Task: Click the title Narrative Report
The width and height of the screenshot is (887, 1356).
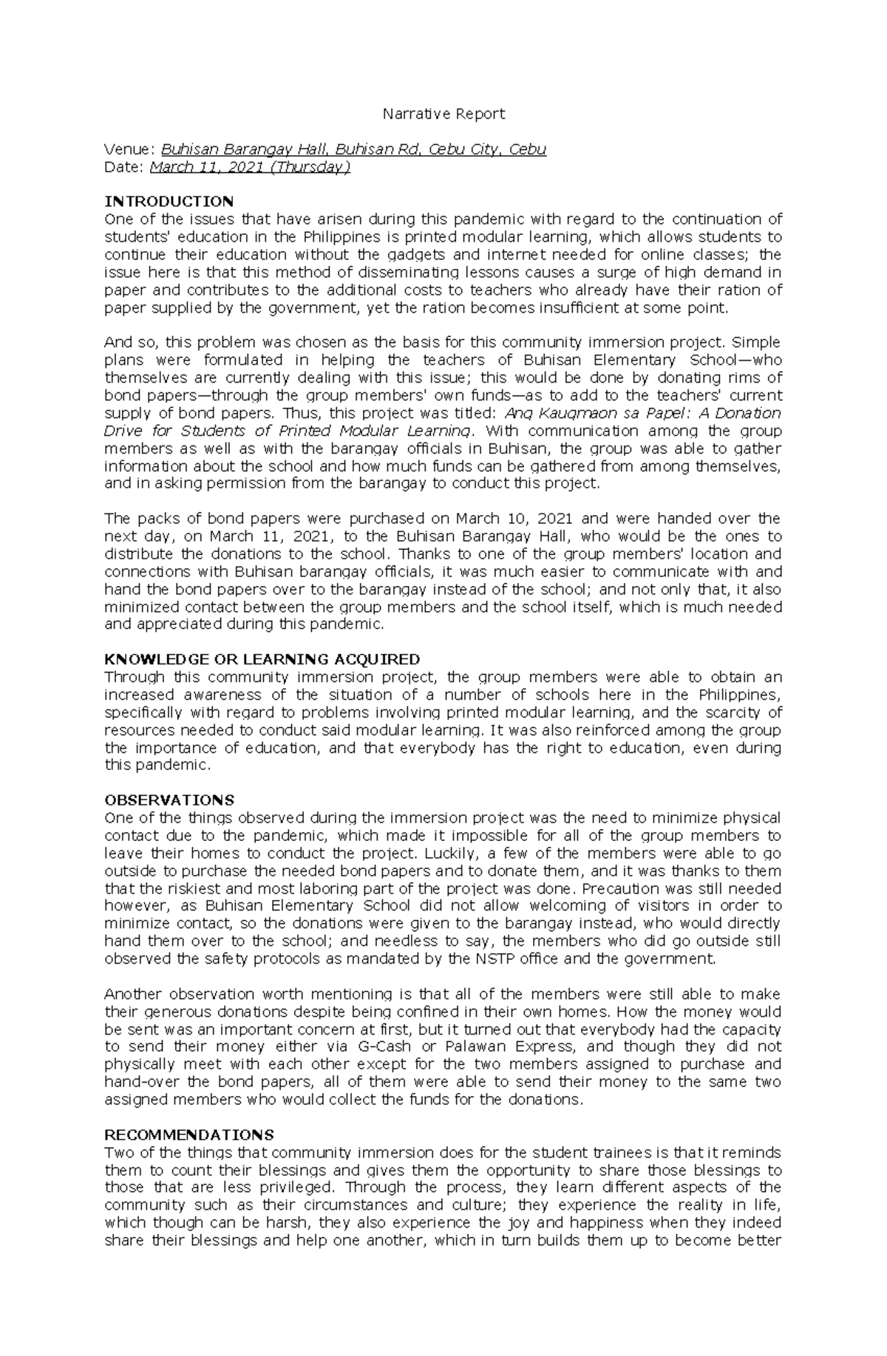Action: point(443,114)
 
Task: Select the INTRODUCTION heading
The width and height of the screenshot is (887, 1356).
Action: point(169,201)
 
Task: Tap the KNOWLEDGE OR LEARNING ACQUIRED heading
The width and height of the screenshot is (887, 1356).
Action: point(262,659)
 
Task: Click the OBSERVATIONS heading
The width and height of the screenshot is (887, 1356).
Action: point(169,800)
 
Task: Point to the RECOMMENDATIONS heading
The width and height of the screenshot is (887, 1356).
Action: point(189,1135)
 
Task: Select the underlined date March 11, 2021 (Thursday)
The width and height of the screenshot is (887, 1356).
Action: point(250,167)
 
